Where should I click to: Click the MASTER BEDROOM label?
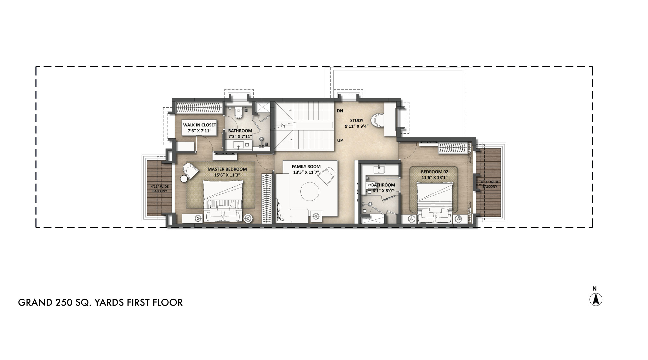tap(227, 169)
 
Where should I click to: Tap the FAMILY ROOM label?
tap(306, 167)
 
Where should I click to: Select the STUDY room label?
tap(357, 121)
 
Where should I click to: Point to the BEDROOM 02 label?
tap(434, 172)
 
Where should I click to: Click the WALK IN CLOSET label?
tap(200, 125)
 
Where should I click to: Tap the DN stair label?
tap(340, 111)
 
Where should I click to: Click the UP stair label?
tap(340, 141)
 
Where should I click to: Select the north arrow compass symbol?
tap(596, 299)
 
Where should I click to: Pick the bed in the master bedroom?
tap(223, 201)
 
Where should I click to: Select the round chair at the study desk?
tap(377, 121)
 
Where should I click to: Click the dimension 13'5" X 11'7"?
tap(306, 172)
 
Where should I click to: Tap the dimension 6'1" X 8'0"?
tap(383, 191)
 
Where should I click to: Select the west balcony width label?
tap(160, 189)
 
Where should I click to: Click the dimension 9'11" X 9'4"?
tap(357, 126)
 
